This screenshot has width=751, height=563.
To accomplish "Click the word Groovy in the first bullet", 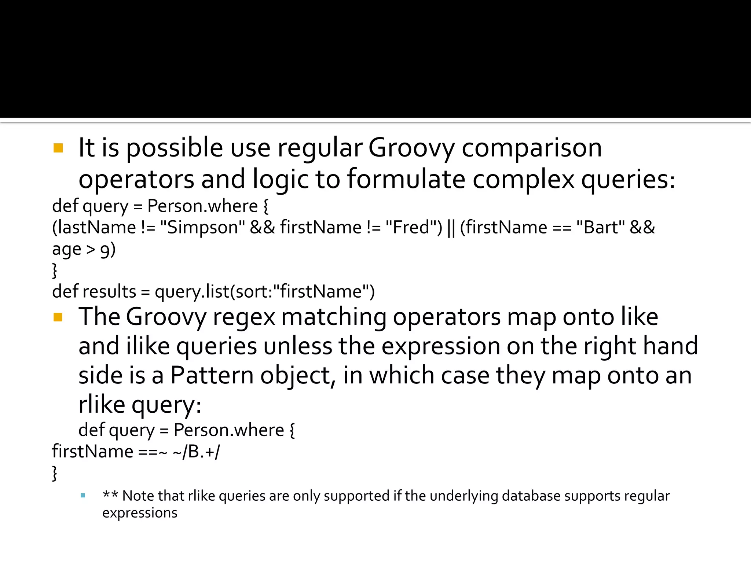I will coord(411,148).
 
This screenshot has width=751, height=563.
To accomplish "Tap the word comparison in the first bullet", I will coord(531,148).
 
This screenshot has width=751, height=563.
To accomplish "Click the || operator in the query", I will coord(451,228).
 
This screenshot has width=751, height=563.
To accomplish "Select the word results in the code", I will coord(110,292).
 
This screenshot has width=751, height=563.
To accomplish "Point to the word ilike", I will coord(148,346).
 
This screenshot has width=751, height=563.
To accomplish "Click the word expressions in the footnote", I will coord(140,513).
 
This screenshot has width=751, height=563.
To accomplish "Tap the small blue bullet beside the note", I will coord(83,496).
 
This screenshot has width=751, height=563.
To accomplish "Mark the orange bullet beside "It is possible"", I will coord(58,148).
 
